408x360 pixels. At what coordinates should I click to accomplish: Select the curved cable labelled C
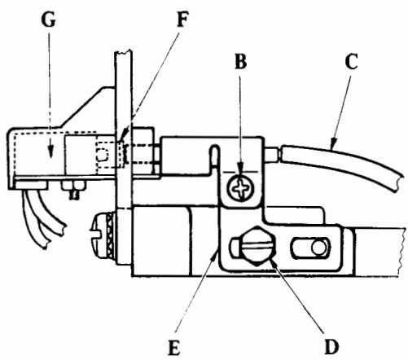[x=350, y=162]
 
